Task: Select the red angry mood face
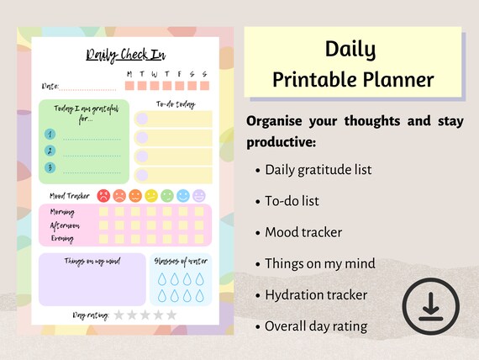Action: [103, 195]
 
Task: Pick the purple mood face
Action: [198, 195]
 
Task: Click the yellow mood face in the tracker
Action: [151, 195]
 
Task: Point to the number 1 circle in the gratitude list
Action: [50, 134]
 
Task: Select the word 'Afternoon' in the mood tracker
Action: [66, 225]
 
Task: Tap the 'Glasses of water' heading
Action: [180, 261]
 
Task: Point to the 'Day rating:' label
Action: [91, 315]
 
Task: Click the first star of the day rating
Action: [118, 315]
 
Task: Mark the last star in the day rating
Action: [171, 315]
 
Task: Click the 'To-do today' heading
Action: [176, 104]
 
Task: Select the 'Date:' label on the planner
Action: [50, 86]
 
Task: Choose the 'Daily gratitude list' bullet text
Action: [318, 170]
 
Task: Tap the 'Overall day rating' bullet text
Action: [316, 326]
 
